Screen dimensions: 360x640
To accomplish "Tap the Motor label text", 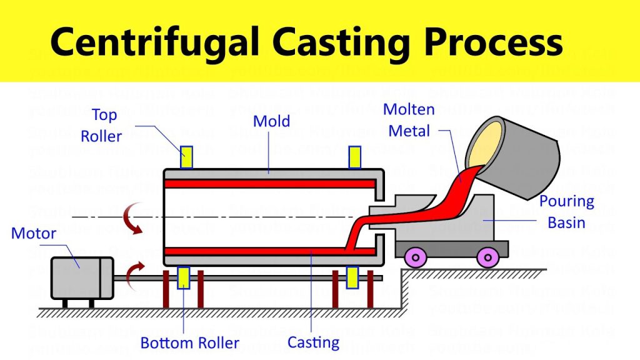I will tap(34, 234).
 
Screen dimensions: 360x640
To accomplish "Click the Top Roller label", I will tap(102, 125).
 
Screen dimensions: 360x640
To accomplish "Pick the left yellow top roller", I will tap(186, 157).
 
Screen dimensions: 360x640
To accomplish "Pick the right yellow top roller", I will tap(354, 157).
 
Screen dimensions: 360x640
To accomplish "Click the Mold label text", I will tap(271, 120).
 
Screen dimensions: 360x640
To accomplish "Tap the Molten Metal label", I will tap(409, 120).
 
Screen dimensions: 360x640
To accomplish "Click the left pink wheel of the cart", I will tap(414, 255).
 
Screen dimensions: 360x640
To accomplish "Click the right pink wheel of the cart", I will tap(487, 255).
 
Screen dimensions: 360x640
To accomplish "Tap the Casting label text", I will tap(313, 342).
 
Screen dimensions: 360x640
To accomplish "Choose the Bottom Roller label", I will tap(189, 342).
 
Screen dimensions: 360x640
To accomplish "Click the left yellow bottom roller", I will tap(184, 277).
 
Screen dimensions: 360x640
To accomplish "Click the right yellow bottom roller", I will tap(352, 277).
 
